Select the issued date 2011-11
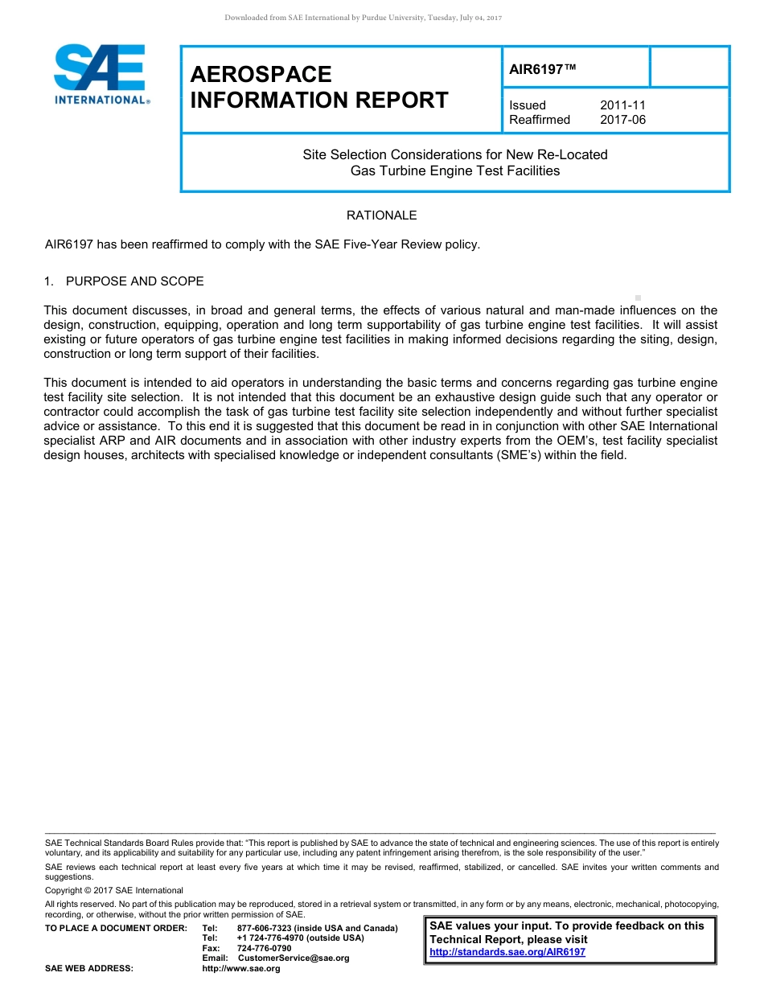coord(622,105)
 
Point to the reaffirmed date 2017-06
coord(622,120)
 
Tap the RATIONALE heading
coord(381,215)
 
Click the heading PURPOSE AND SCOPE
coord(134,281)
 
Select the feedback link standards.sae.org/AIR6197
coord(507,952)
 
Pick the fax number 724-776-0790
coord(265,949)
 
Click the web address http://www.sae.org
coord(241,969)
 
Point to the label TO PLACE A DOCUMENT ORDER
coord(116,929)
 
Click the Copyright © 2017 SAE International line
coord(114,891)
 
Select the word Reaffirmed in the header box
coord(540,120)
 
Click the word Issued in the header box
coord(528,105)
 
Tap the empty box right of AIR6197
coord(688,67)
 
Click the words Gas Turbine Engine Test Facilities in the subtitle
coord(455,170)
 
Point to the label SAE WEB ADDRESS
coord(89,969)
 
